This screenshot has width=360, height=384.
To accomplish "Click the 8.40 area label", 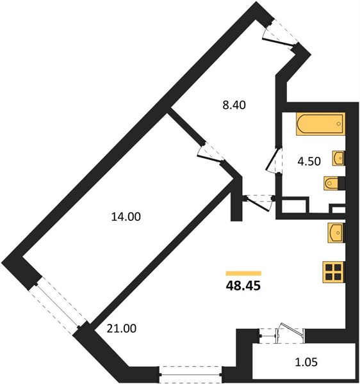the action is tap(234, 105).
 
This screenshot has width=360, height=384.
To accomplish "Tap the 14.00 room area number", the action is tap(126, 217).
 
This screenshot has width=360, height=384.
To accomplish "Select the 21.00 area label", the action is tap(122, 328).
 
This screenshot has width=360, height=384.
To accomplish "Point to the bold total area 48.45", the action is tap(243, 285).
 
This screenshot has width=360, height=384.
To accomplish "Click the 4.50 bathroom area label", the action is tap(309, 162).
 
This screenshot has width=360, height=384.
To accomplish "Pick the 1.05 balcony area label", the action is tap(306, 362).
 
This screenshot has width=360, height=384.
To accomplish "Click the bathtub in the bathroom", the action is tap(320, 124).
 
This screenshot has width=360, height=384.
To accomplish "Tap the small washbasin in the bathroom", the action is tap(339, 158).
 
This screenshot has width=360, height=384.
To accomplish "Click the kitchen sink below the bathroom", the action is tap(336, 233).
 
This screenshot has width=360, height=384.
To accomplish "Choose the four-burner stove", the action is tap(334, 272).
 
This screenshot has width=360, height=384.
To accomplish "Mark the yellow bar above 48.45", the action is tap(243, 273).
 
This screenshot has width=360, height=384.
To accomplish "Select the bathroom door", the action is tap(274, 160).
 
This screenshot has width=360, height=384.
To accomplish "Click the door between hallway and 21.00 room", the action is tap(259, 202).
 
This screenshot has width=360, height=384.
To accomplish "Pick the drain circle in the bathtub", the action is tap(339, 124).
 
